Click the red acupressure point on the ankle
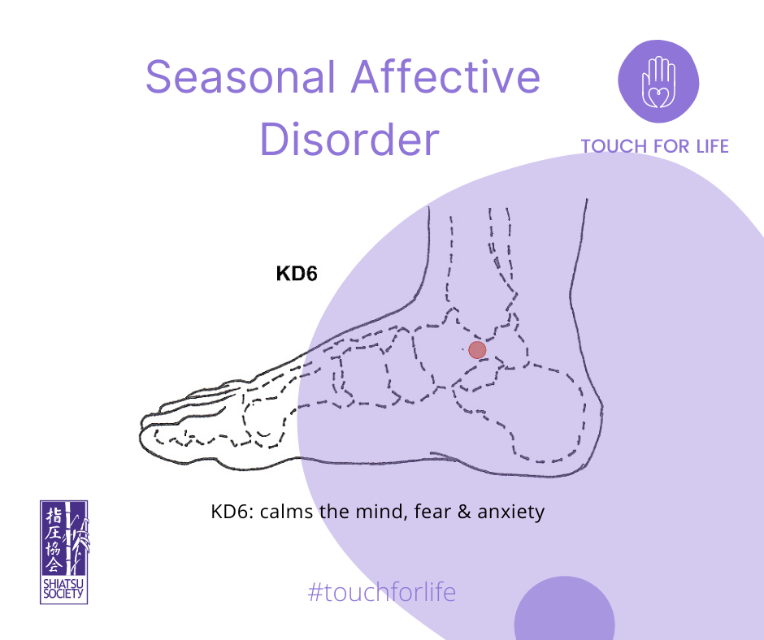[x=478, y=350]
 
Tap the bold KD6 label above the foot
[x=296, y=273]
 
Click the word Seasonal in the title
[x=241, y=77]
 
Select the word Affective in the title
[x=445, y=77]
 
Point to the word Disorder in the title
[x=349, y=139]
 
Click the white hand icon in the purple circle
[x=658, y=82]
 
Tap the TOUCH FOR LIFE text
[x=654, y=146]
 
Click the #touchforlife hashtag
[x=382, y=592]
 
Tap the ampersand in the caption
[x=464, y=512]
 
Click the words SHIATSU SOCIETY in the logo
[x=63, y=589]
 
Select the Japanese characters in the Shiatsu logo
[x=54, y=539]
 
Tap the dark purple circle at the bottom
[x=564, y=609]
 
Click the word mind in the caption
[x=381, y=512]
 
